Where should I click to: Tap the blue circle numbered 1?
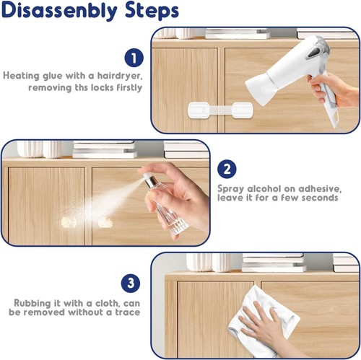133,58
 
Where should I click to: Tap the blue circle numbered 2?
227,170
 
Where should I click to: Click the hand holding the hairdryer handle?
326,90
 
